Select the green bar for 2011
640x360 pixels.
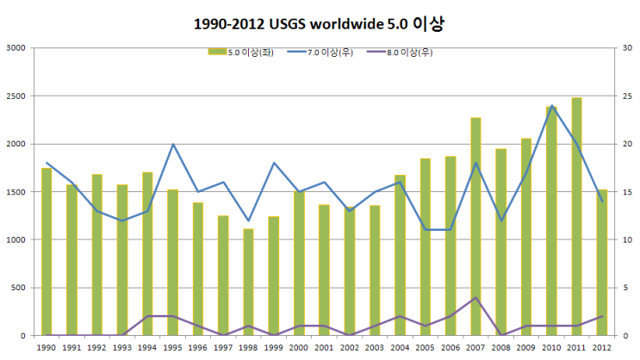click(576, 217)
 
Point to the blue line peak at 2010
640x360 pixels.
click(551, 106)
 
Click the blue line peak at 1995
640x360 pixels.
click(172, 144)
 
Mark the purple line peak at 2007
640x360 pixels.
click(475, 298)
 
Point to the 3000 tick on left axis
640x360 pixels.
click(17, 48)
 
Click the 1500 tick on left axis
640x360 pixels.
click(17, 192)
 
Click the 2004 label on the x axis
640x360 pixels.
click(400, 348)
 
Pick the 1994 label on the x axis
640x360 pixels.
click(147, 348)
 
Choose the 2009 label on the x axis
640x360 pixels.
click(525, 348)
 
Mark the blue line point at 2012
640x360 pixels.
click(601, 202)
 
